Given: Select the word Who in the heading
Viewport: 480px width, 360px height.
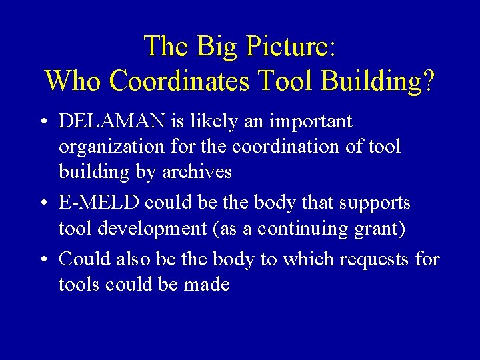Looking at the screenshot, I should pyautogui.click(x=73, y=81).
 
